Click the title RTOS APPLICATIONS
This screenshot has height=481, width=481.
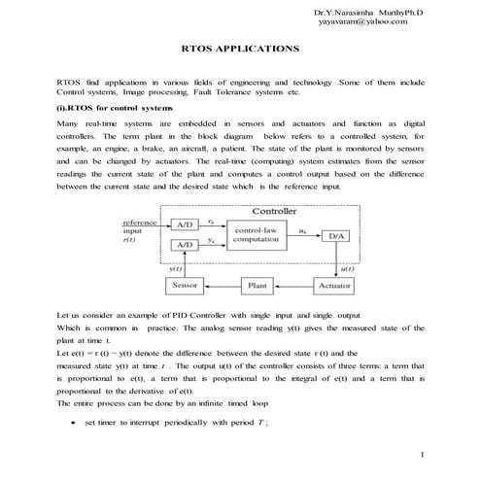(241, 47)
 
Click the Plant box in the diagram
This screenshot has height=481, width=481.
(258, 286)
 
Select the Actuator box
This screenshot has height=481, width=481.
(335, 286)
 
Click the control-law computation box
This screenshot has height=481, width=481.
(258, 235)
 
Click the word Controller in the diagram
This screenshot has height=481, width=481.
(275, 211)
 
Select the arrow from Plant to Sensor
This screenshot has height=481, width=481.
(221, 286)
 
